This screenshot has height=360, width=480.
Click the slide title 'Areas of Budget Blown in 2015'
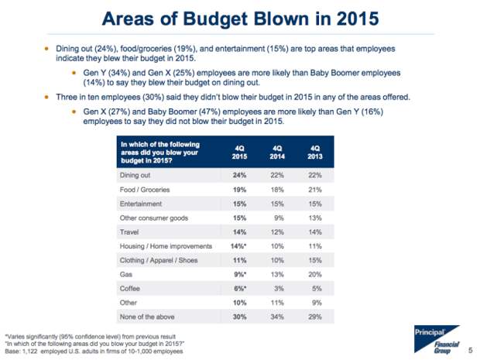click(240, 19)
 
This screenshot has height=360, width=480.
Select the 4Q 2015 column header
click(239, 153)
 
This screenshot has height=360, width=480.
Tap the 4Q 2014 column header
click(277, 153)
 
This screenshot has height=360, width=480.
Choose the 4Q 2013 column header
click(315, 153)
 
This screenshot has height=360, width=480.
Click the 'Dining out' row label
click(135, 175)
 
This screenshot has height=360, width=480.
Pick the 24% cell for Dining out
click(239, 175)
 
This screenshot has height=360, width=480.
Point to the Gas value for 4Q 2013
click(315, 274)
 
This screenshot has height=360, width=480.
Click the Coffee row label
click(130, 288)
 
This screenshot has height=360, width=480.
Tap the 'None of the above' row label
click(147, 317)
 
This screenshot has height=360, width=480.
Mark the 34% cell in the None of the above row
click(277, 317)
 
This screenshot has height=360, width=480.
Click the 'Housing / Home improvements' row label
click(166, 246)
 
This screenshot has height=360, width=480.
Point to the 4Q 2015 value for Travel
click(239, 232)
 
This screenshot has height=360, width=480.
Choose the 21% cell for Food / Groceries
click(315, 190)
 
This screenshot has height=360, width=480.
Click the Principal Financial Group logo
click(437, 339)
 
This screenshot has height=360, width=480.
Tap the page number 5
click(471, 350)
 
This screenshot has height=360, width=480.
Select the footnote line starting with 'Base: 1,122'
click(94, 351)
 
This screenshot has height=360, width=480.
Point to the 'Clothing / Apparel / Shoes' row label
click(159, 260)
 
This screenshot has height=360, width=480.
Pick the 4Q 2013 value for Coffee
click(317, 288)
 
